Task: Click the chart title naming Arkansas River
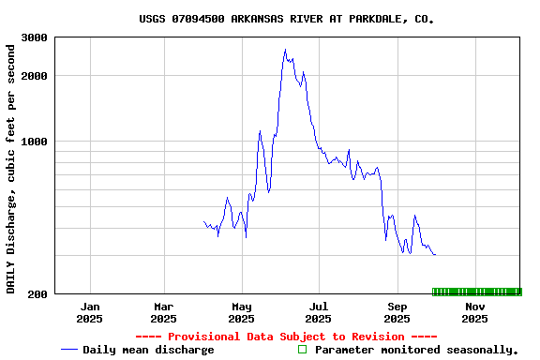coord(286,19)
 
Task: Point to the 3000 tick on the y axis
coord(36,37)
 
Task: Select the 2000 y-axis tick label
coord(36,75)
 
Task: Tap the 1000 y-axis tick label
coord(36,142)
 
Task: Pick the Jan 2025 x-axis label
coord(90,312)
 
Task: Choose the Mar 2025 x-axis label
coord(164,312)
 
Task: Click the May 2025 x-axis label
coord(242,312)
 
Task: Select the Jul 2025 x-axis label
coord(319,312)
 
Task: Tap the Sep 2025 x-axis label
coord(397,312)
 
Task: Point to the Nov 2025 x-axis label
coord(475,312)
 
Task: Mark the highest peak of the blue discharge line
coord(285,50)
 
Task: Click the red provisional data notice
coord(286,337)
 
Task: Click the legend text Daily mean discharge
coord(148,350)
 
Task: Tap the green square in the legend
coord(302,350)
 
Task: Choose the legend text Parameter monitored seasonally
coord(416,350)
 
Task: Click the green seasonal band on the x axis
coord(476,292)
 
